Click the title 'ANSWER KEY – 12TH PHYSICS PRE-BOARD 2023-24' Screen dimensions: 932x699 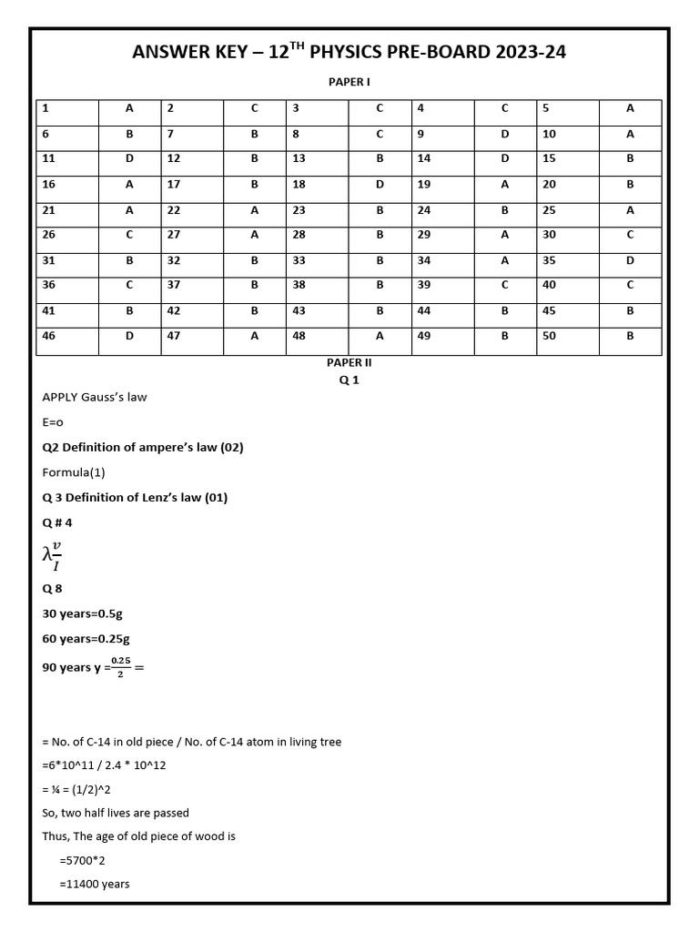(x=349, y=53)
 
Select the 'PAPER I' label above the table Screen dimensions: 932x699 (x=349, y=82)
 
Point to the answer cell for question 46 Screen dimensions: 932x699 (x=129, y=336)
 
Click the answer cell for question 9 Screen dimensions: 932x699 (x=504, y=134)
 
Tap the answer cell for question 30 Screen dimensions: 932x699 (x=630, y=235)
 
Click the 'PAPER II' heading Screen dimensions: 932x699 (x=349, y=362)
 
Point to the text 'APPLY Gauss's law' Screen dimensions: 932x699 (x=95, y=397)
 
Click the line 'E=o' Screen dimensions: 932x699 (x=53, y=422)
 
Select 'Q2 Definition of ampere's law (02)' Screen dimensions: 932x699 (x=143, y=447)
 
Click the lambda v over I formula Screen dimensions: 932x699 (x=53, y=554)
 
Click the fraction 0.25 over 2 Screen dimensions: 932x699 (x=120, y=667)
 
